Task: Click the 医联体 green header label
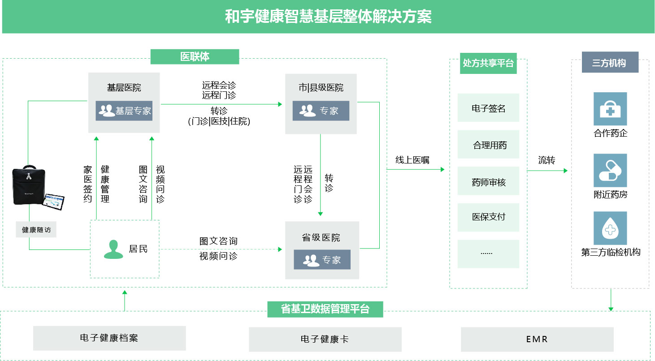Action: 195,57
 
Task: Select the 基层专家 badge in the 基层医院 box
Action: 124,111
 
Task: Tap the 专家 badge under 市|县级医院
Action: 321,111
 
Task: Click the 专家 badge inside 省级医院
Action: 322,260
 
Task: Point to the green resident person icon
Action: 113,249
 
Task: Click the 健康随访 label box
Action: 36,230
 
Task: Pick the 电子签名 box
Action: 488,108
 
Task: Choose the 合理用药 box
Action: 488,145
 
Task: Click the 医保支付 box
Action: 488,217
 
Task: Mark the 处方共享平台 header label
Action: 488,64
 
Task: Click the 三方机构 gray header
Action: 610,63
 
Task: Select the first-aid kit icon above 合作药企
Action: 610,109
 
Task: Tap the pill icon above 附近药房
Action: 610,170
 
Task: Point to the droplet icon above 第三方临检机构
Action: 610,228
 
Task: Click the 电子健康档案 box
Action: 109,338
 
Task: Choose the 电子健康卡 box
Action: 325,340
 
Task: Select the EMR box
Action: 537,339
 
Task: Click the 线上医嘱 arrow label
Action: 412,160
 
